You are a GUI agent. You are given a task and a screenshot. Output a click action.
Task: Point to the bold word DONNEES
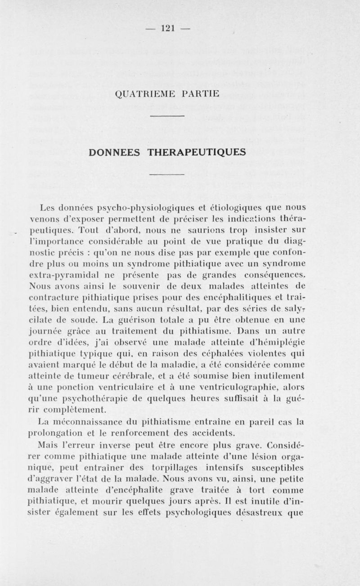(x=116, y=151)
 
